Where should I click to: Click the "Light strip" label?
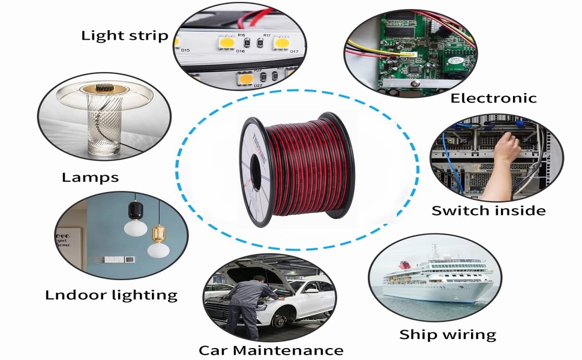point(125,35)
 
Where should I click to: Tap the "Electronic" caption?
point(493,98)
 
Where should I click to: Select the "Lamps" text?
point(90,177)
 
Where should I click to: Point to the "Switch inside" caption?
point(488,211)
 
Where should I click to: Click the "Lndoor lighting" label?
point(111,295)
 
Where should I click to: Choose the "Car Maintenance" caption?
point(271,350)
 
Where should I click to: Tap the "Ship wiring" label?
point(448,334)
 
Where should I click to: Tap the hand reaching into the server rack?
point(505,149)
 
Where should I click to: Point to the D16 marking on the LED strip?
point(240,51)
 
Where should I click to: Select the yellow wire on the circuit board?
point(384,52)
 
